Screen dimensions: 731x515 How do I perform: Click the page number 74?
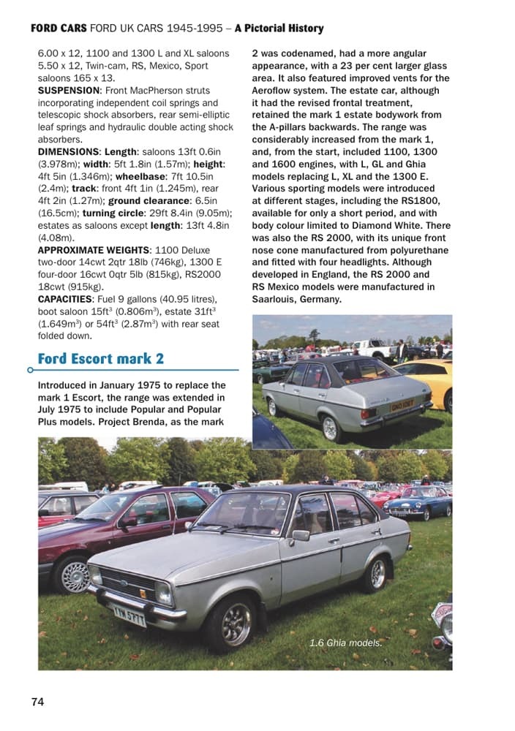[37, 702]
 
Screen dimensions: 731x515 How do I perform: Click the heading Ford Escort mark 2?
[100, 358]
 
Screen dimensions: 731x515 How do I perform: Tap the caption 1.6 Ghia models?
[345, 643]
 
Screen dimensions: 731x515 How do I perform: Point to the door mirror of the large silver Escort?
[300, 535]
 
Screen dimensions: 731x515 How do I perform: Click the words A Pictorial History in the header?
[279, 29]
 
